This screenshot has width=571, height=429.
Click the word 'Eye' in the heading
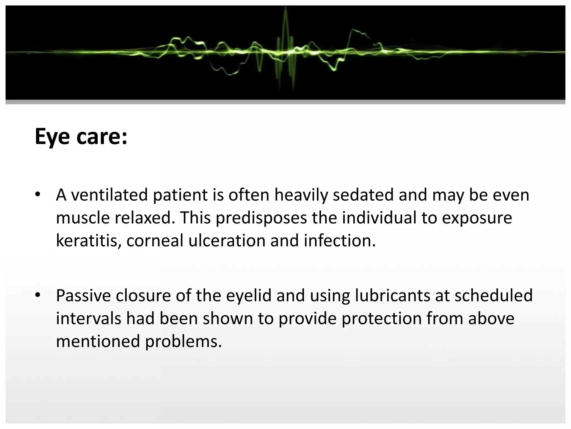52,137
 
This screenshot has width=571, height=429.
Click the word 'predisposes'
261,218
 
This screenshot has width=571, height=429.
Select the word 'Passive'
83,295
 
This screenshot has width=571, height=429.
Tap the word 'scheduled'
493,295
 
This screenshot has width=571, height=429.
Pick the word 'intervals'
88,318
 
